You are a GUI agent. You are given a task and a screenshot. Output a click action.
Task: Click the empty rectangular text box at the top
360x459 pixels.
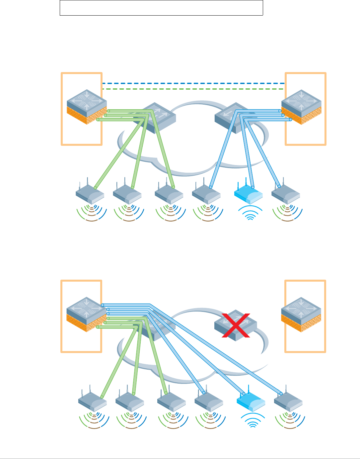161,8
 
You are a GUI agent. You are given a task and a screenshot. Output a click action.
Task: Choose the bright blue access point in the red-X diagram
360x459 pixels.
251,401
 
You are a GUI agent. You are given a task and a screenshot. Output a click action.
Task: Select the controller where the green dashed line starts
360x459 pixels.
87,106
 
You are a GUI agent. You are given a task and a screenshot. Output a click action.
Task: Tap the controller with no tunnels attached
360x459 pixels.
301,314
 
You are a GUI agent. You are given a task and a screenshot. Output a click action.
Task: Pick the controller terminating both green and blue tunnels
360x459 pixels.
87,314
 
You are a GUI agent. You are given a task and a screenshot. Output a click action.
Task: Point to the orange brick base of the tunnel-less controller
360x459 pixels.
301,323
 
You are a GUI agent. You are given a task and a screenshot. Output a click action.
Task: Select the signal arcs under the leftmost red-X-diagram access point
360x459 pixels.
94,421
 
